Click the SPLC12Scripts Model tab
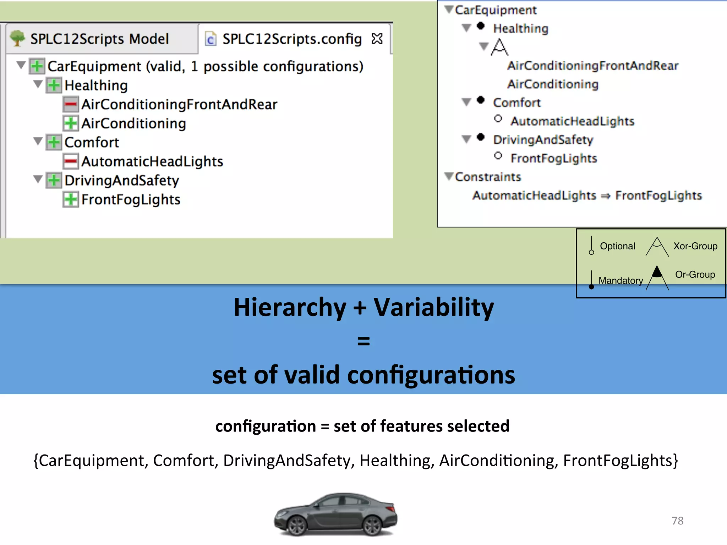(99, 39)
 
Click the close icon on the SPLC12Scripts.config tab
(377, 38)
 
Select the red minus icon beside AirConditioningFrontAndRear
(71, 104)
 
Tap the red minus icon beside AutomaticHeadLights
(71, 161)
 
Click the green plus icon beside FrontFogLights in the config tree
(71, 199)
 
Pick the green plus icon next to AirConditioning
(71, 123)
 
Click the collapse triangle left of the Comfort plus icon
(38, 142)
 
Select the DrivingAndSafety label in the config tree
(121, 180)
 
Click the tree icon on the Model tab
(17, 38)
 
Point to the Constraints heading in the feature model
(488, 177)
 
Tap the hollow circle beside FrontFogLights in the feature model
(498, 155)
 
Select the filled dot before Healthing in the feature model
(481, 26)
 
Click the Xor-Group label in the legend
(695, 246)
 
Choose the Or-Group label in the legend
(695, 274)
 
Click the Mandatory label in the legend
(621, 280)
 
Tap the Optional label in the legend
(617, 246)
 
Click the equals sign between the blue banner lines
(363, 341)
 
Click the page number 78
(677, 521)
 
